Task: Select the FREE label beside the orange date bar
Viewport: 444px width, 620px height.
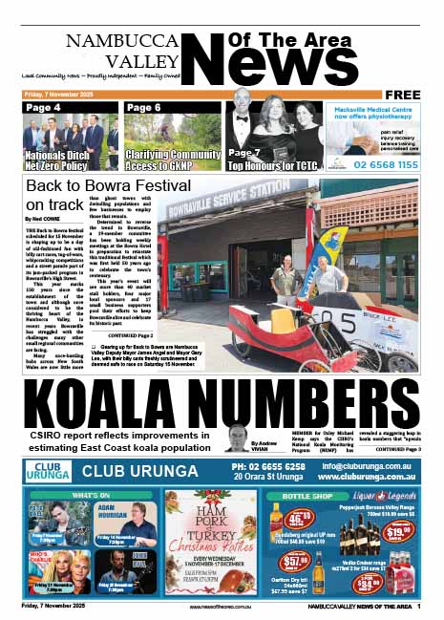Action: click(403, 95)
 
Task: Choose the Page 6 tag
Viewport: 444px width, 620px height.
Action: click(143, 108)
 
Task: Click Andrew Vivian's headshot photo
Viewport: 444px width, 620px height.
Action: click(237, 439)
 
